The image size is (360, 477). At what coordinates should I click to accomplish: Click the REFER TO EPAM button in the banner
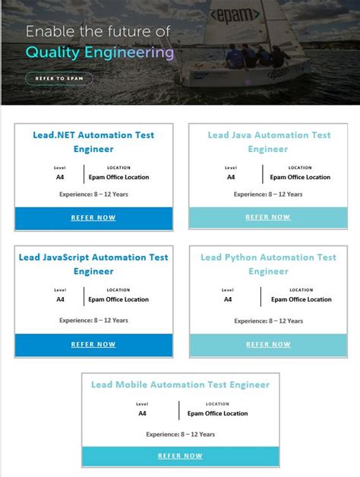(59, 78)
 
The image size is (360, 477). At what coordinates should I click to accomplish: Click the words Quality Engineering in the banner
(99, 52)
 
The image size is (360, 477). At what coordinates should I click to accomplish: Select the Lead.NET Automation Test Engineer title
(93, 142)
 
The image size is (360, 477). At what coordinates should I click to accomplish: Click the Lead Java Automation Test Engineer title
(269, 142)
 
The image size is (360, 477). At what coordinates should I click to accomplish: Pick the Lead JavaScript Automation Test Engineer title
(93, 264)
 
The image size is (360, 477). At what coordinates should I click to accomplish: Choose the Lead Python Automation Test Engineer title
(268, 264)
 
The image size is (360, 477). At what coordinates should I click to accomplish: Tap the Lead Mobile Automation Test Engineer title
(180, 384)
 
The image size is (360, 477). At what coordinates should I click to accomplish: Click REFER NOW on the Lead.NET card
(93, 217)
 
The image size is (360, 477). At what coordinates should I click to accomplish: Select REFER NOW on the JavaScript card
(93, 344)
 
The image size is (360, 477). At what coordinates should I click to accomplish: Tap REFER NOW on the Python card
(268, 344)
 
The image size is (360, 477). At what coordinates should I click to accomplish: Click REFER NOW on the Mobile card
(180, 456)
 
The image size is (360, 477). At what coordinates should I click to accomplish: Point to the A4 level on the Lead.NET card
(60, 177)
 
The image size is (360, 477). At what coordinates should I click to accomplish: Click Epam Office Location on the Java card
(300, 177)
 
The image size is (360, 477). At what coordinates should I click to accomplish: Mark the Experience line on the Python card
(268, 321)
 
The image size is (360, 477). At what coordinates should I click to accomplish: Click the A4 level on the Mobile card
(142, 414)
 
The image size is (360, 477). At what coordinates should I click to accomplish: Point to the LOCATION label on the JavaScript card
(118, 289)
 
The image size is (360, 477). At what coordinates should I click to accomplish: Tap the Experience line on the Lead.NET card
(93, 194)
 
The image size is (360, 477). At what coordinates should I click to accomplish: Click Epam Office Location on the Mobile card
(217, 414)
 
